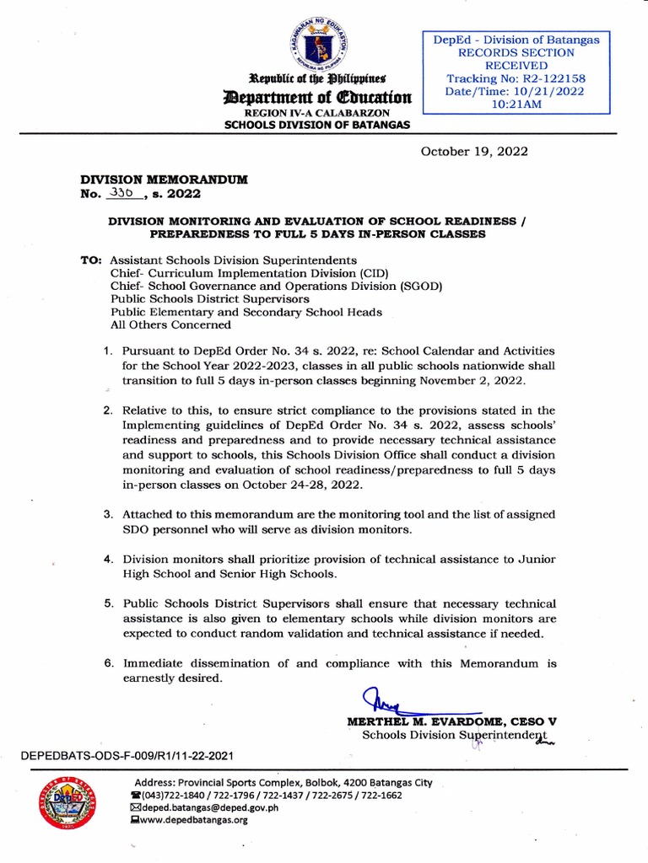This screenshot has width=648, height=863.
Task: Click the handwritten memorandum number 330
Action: coord(126,193)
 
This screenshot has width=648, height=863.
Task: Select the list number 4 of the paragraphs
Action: coord(109,560)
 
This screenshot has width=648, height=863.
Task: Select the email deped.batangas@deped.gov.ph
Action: coord(211,807)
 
